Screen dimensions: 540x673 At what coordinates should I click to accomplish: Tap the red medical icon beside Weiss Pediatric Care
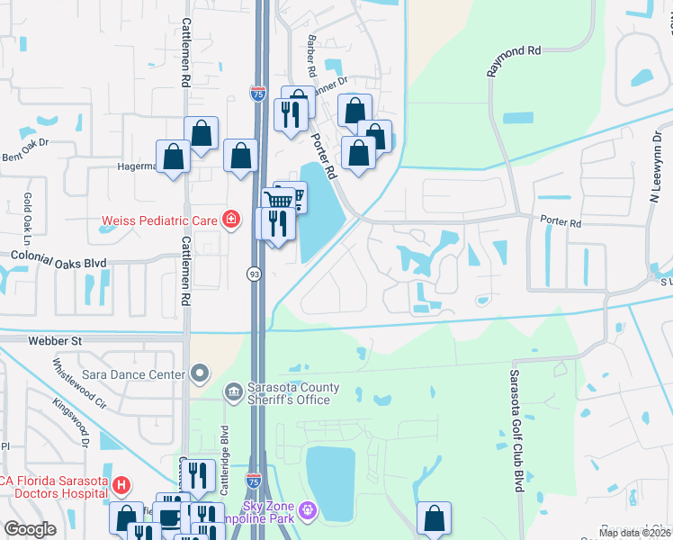tap(231, 220)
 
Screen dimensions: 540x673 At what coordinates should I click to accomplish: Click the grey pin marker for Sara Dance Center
tap(200, 373)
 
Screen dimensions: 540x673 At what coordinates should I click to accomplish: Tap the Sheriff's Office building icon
tap(233, 390)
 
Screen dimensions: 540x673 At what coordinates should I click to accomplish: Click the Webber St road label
tap(54, 340)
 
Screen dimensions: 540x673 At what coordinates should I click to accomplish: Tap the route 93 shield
tap(254, 273)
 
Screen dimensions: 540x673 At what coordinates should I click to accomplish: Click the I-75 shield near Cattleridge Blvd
tap(254, 484)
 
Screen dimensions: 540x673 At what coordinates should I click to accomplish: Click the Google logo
tap(31, 529)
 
